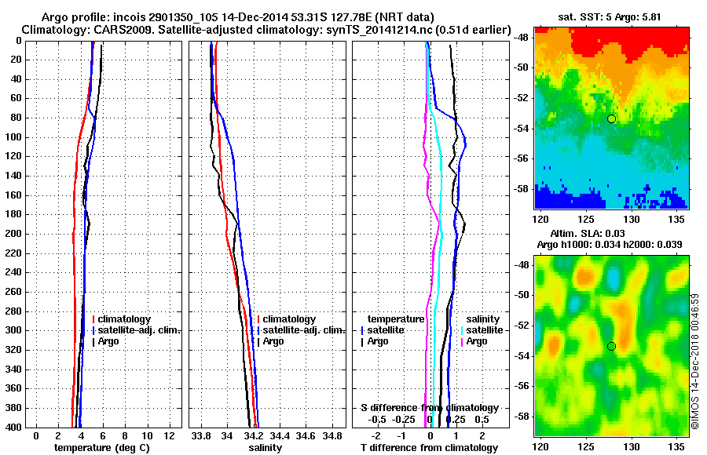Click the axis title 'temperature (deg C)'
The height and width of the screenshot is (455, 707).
[101, 448]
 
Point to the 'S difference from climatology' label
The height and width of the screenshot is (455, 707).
[430, 408]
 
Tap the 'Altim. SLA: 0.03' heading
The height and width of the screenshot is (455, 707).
[610, 235]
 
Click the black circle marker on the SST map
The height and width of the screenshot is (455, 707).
[611, 118]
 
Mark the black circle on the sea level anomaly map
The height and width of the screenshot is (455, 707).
[611, 346]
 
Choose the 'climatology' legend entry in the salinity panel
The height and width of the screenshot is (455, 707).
[289, 319]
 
